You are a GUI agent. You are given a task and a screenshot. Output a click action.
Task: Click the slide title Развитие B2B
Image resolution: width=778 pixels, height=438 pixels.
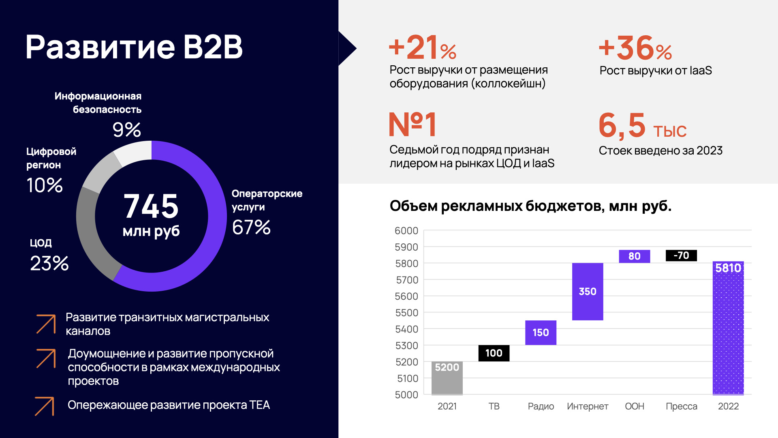pos(134,47)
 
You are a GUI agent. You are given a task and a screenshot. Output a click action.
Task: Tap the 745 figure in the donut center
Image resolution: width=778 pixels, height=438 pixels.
pos(151,206)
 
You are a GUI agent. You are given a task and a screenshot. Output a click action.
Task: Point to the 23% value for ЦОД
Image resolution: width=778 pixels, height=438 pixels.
pos(49,264)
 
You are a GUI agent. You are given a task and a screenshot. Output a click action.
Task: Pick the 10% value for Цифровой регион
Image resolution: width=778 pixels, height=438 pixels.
pos(45,185)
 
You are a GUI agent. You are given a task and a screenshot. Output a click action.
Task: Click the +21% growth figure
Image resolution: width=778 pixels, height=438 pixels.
pos(422,48)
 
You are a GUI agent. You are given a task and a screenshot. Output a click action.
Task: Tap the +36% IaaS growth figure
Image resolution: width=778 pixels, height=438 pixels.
pos(635,48)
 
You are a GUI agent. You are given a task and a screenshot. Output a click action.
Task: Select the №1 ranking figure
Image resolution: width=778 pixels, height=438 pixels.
pos(413,125)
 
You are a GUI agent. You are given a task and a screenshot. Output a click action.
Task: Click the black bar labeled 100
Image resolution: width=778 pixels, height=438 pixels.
pos(494,353)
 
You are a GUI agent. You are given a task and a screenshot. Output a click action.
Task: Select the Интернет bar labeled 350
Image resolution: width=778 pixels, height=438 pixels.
pos(588,292)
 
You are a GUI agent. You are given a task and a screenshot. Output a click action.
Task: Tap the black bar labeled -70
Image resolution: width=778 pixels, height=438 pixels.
pos(681,255)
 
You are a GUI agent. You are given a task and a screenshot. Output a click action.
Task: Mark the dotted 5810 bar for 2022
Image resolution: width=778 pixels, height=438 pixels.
pos(728,328)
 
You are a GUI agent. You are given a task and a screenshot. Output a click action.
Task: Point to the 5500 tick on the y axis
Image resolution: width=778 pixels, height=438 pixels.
pos(406,313)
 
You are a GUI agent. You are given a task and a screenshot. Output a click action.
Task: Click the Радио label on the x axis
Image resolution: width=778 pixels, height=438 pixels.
pos(541,406)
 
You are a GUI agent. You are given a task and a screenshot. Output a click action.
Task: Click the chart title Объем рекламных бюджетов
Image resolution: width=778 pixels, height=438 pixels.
pos(530,206)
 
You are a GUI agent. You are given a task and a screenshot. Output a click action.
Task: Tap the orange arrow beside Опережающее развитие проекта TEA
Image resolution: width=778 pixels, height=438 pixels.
pos(45,406)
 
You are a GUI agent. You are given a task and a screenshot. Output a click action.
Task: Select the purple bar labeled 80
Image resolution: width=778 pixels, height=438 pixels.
pos(634,256)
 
